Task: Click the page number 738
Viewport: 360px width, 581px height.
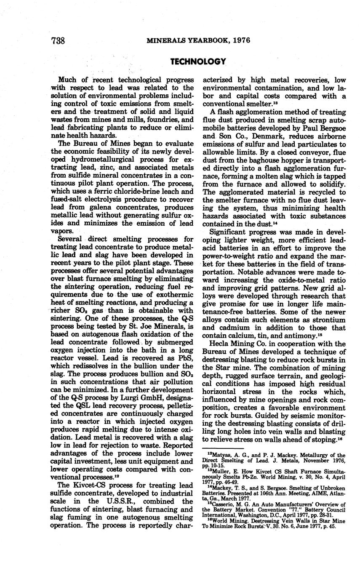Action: tap(57, 41)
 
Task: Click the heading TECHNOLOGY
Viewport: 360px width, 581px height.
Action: tap(198, 61)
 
